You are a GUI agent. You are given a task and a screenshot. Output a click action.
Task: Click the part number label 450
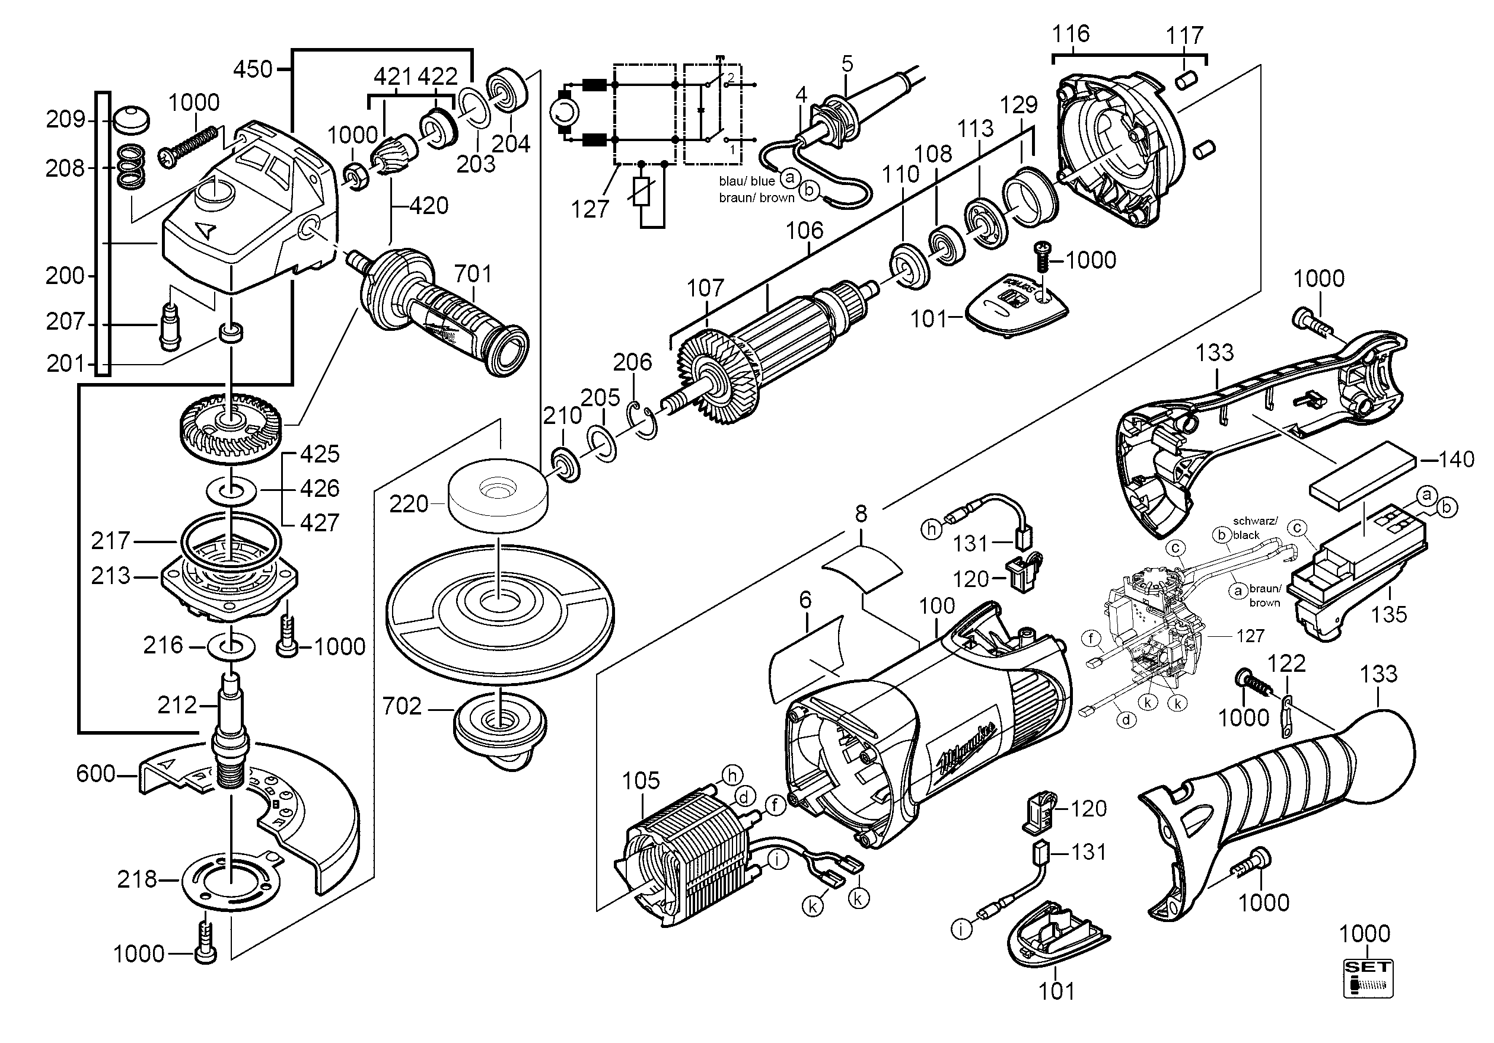pyautogui.click(x=253, y=68)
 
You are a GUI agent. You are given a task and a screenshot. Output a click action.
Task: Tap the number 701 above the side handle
pyautogui.click(x=473, y=274)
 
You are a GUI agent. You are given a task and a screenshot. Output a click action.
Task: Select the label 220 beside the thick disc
pyautogui.click(x=409, y=503)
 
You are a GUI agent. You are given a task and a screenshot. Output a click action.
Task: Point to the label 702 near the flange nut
pyautogui.click(x=402, y=706)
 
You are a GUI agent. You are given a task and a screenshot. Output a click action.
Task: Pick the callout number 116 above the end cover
pyautogui.click(x=1071, y=33)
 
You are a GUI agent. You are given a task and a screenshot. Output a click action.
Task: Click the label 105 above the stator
pyautogui.click(x=641, y=781)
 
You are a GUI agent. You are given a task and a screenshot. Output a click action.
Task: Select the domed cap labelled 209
pyautogui.click(x=130, y=120)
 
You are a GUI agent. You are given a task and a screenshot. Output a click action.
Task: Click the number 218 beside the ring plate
pyautogui.click(x=136, y=880)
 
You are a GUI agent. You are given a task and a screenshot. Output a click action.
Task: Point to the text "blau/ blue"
pyautogui.click(x=746, y=181)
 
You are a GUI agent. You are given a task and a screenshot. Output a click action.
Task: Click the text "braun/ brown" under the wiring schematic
pyautogui.click(x=756, y=198)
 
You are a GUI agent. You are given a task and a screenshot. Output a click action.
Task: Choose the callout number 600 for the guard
pyautogui.click(x=95, y=774)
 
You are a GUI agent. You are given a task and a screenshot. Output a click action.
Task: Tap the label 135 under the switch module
pyautogui.click(x=1388, y=614)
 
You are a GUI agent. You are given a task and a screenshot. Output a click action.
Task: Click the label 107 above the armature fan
pyautogui.click(x=705, y=288)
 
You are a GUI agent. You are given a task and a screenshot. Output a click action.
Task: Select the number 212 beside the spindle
pyautogui.click(x=177, y=704)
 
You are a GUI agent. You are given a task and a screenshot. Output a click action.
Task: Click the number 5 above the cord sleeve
pyautogui.click(x=846, y=64)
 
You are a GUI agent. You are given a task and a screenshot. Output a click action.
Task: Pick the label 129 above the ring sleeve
pyautogui.click(x=1019, y=105)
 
